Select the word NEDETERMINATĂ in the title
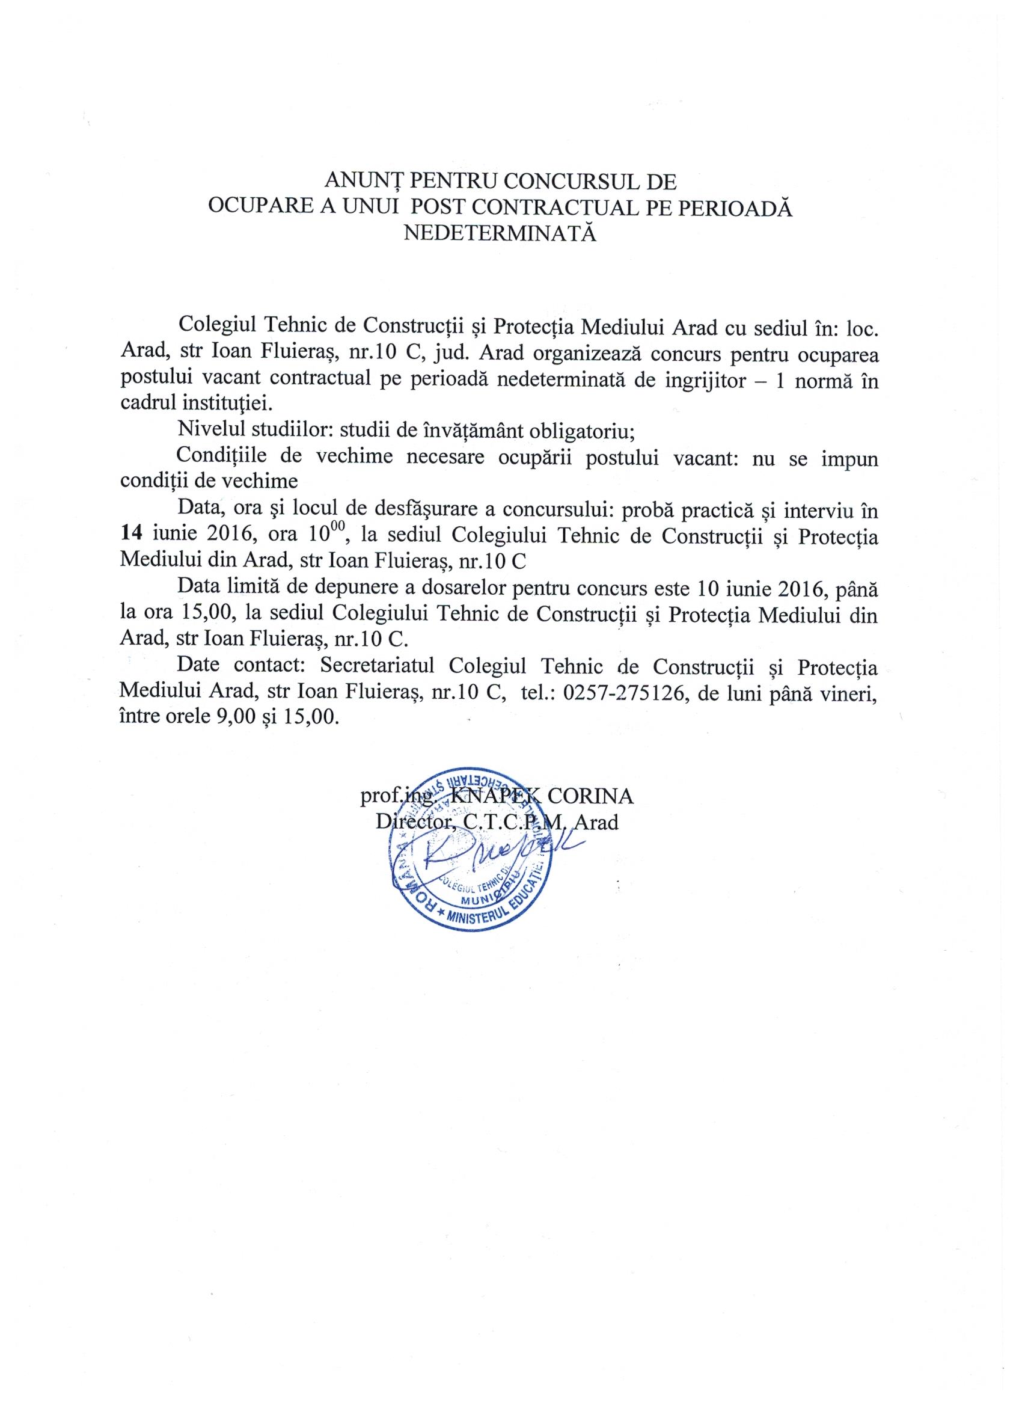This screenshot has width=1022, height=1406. click(499, 233)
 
